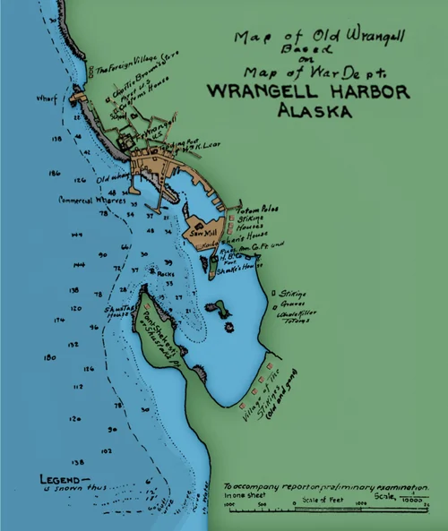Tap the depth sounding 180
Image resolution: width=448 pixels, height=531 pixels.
51,357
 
